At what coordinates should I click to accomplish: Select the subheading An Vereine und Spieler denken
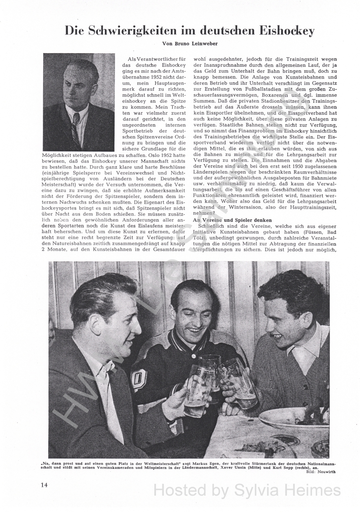click(x=232, y=220)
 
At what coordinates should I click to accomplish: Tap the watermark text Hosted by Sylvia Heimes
click(x=247, y=490)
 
